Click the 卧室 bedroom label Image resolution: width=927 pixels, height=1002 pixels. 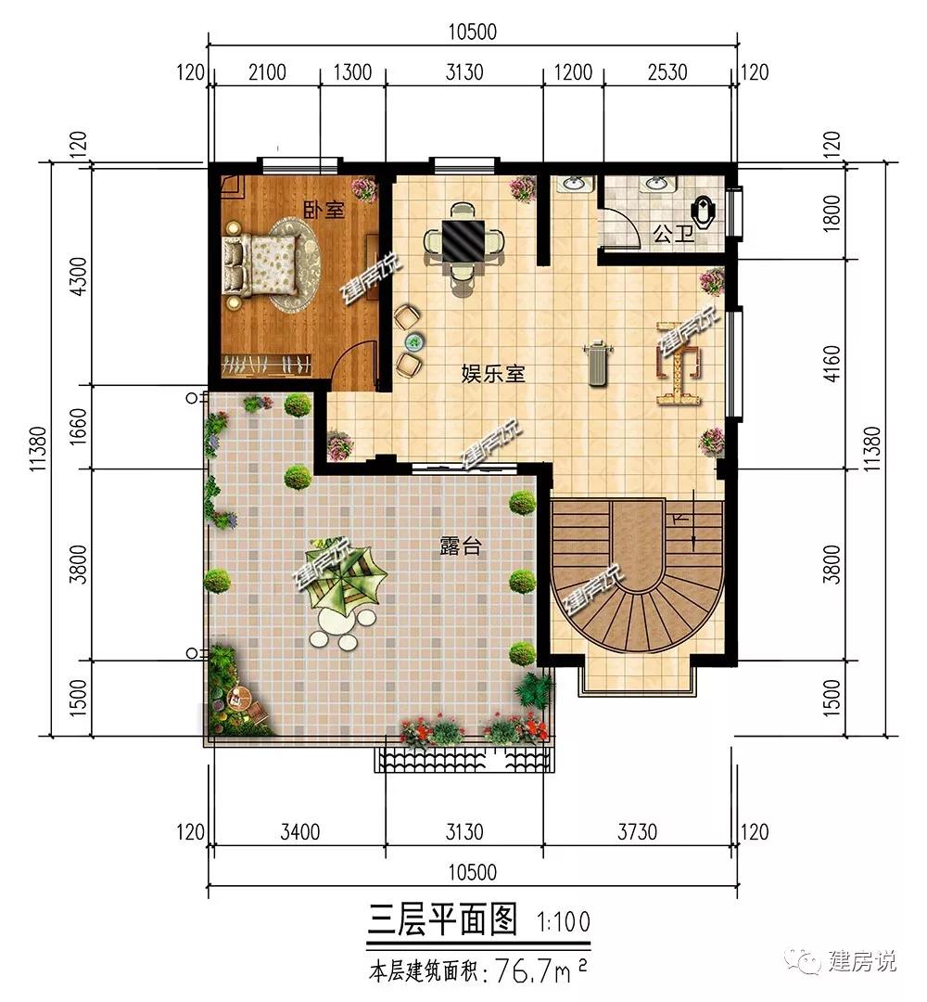click(x=324, y=210)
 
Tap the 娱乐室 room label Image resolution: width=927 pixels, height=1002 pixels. click(x=493, y=373)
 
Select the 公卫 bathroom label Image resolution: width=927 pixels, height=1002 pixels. click(x=674, y=234)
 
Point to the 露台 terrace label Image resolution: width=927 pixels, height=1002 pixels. click(x=461, y=546)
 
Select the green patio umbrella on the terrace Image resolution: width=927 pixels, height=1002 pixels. click(x=346, y=578)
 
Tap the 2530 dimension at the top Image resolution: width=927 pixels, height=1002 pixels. click(x=667, y=72)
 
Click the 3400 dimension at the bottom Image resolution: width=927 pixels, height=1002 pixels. click(x=300, y=832)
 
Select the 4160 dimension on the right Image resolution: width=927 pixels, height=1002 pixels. click(x=832, y=364)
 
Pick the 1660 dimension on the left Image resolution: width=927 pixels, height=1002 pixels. click(x=77, y=428)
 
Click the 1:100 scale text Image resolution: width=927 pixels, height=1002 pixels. click(x=564, y=921)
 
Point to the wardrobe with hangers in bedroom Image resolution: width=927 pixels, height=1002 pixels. click(x=266, y=365)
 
